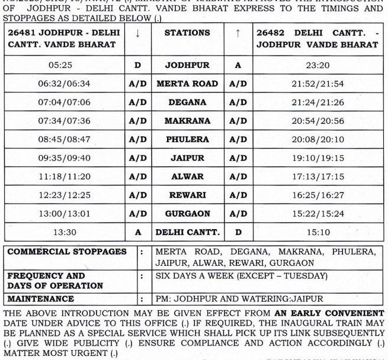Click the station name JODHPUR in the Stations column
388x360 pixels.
187,65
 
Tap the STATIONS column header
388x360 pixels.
187,34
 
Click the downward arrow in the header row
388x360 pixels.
137,34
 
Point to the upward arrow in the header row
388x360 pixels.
238,34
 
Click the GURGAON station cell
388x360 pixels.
187,214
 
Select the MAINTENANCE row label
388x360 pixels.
41,299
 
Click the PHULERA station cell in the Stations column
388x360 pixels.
187,140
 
